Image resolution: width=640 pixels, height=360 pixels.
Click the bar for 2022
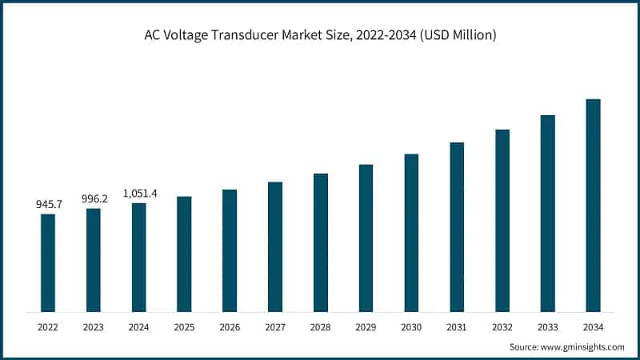pos(48,262)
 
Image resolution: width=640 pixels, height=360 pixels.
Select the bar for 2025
pos(184,254)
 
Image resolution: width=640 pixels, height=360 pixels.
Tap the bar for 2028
pos(321,242)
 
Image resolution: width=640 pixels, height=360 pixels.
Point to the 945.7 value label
pos(48,205)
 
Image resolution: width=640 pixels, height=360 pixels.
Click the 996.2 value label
pos(94,199)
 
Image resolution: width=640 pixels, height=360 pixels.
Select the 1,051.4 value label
pos(140,194)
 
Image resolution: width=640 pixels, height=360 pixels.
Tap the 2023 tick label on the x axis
pos(94,327)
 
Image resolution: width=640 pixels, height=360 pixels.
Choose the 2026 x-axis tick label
pos(230,327)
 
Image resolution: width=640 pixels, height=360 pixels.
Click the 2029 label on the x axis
pos(366,327)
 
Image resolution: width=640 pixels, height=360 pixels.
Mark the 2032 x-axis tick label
pos(502,327)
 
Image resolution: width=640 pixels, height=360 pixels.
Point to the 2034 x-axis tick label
pos(593,327)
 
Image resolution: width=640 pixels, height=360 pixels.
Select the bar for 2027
pos(275,246)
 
